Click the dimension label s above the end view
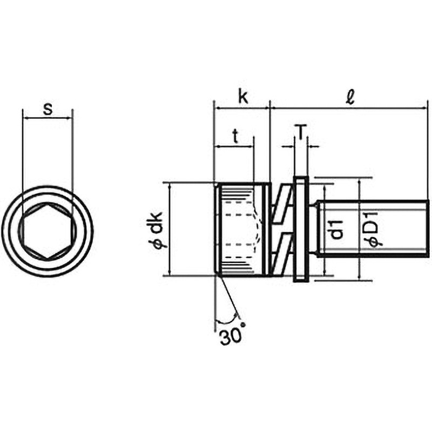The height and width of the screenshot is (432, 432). point(48,110)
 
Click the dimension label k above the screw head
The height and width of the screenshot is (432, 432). point(243,97)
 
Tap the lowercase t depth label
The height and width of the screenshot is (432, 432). point(235,136)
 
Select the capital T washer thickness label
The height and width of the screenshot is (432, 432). point(301,132)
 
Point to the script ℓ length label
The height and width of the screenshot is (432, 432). point(350,97)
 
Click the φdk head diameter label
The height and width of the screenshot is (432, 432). point(158,231)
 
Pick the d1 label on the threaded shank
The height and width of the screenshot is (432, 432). point(336,229)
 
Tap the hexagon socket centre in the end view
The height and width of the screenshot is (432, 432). point(48,232)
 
